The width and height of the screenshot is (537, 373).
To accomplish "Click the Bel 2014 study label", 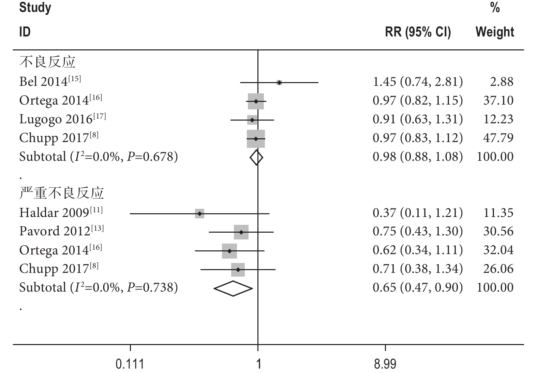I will pos(50,81).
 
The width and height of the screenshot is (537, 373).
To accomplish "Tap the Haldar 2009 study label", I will pos(61,213).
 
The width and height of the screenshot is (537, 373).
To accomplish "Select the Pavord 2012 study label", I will pos(61,231).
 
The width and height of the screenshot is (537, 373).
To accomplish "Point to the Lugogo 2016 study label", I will pos(62,119).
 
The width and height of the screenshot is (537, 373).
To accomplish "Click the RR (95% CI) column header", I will pos(418,32).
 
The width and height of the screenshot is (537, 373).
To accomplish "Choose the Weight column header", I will pos(495,32).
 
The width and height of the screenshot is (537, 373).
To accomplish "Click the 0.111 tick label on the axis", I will pos(130,364).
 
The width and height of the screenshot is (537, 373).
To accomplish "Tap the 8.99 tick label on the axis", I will pos(385,364).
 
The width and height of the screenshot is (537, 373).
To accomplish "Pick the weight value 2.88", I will pos(502,82).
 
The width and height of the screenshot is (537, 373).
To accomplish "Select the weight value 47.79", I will pos(498,138).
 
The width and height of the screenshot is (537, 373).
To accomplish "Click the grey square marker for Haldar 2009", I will pos(200,214).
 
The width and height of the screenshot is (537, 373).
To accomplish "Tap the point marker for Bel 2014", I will pos(279,82).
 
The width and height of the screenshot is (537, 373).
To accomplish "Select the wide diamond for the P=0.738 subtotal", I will pos(233,289).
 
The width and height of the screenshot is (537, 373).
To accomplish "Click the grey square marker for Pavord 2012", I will pos(241,232).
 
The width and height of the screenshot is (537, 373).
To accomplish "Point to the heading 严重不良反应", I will pos(61,193).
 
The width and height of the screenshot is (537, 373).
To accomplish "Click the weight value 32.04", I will pos(498,250).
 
